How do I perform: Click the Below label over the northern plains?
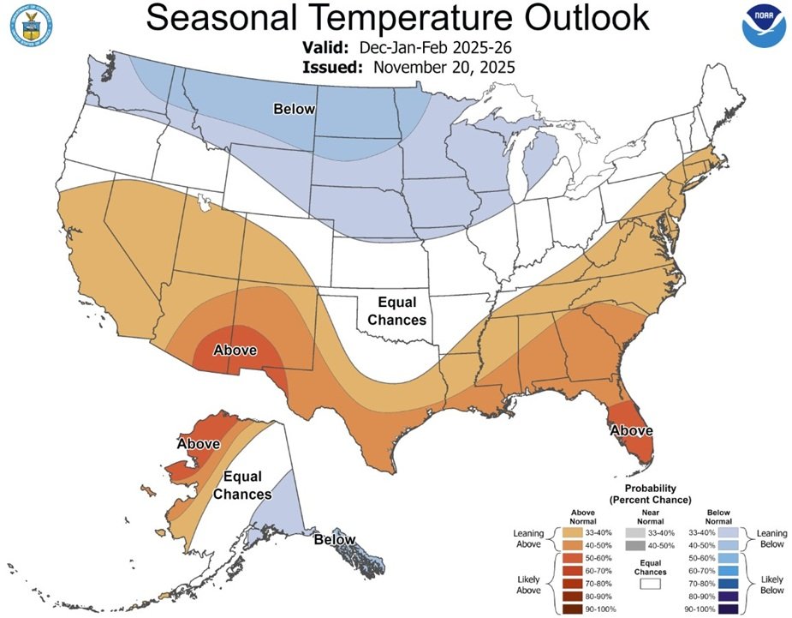click(x=294, y=109)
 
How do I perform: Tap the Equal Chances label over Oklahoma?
click(x=398, y=311)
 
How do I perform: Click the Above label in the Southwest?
click(x=235, y=350)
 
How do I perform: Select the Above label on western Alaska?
click(x=199, y=444)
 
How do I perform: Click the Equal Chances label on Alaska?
click(x=242, y=486)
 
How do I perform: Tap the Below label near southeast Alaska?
click(x=335, y=540)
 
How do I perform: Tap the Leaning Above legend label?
click(x=528, y=538)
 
